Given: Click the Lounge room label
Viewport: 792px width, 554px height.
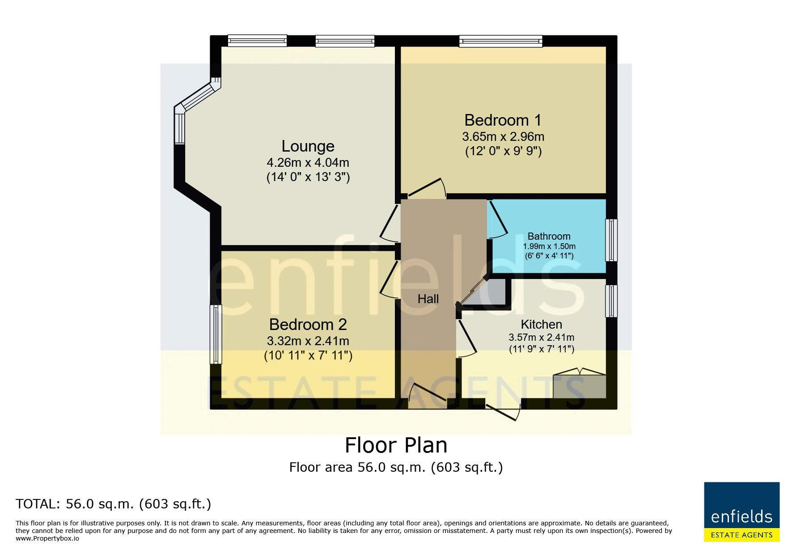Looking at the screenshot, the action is tap(308, 146).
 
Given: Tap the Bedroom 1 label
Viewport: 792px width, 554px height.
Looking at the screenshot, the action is tap(503, 120).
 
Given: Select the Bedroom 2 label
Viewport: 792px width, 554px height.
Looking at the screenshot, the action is tap(308, 324).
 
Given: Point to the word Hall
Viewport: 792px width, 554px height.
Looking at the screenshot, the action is tap(428, 299).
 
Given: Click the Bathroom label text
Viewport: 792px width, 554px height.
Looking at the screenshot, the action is tap(549, 236).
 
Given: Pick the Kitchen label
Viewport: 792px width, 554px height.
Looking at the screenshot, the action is tap(541, 324).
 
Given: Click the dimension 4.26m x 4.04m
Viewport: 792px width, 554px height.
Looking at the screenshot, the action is tap(308, 162).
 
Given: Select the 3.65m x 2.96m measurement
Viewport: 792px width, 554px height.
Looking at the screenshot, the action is tap(503, 136).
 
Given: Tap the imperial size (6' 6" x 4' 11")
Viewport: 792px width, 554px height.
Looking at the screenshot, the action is tap(549, 256).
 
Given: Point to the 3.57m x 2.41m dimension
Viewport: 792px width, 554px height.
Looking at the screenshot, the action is tap(541, 338).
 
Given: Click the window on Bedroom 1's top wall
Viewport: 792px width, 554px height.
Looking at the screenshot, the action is tap(501, 41).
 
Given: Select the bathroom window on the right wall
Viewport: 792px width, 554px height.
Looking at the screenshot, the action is tap(611, 240).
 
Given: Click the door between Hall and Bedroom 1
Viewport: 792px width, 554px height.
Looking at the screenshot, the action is tap(427, 188).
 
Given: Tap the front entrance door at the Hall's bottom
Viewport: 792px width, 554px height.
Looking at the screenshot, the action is tap(428, 396).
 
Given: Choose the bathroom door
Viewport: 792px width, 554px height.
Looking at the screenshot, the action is tap(498, 220).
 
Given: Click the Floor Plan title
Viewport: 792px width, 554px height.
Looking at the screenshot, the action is tap(396, 445).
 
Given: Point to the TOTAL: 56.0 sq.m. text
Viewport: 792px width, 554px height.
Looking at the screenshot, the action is tap(113, 504).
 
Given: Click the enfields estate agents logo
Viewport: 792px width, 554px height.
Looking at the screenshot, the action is tap(741, 512).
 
